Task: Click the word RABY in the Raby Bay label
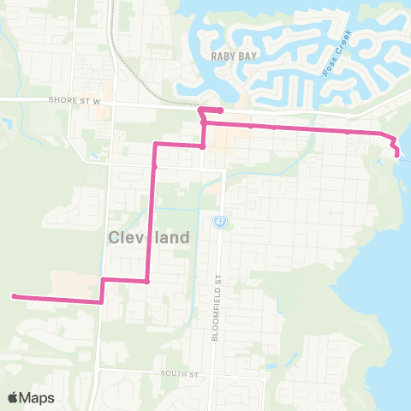221,55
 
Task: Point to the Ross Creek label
331,61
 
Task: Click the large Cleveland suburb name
149,238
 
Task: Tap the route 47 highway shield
220,222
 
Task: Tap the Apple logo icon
13,397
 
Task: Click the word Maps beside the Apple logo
37,397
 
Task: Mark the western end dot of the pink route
15,296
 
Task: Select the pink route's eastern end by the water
396,154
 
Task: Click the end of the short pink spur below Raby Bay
221,110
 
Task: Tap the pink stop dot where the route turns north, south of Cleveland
146,281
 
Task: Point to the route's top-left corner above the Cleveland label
155,146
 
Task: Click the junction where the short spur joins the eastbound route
203,123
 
